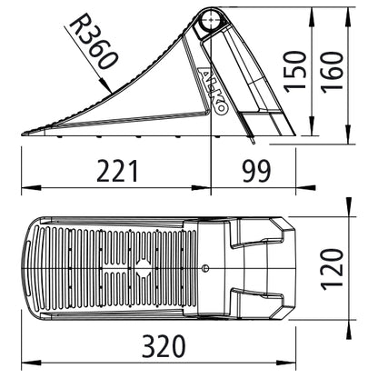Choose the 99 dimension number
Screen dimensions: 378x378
pyautogui.click(x=256, y=171)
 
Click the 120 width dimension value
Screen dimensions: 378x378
pyautogui.click(x=334, y=271)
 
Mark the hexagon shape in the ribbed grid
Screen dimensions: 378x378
pyautogui.click(x=142, y=269)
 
